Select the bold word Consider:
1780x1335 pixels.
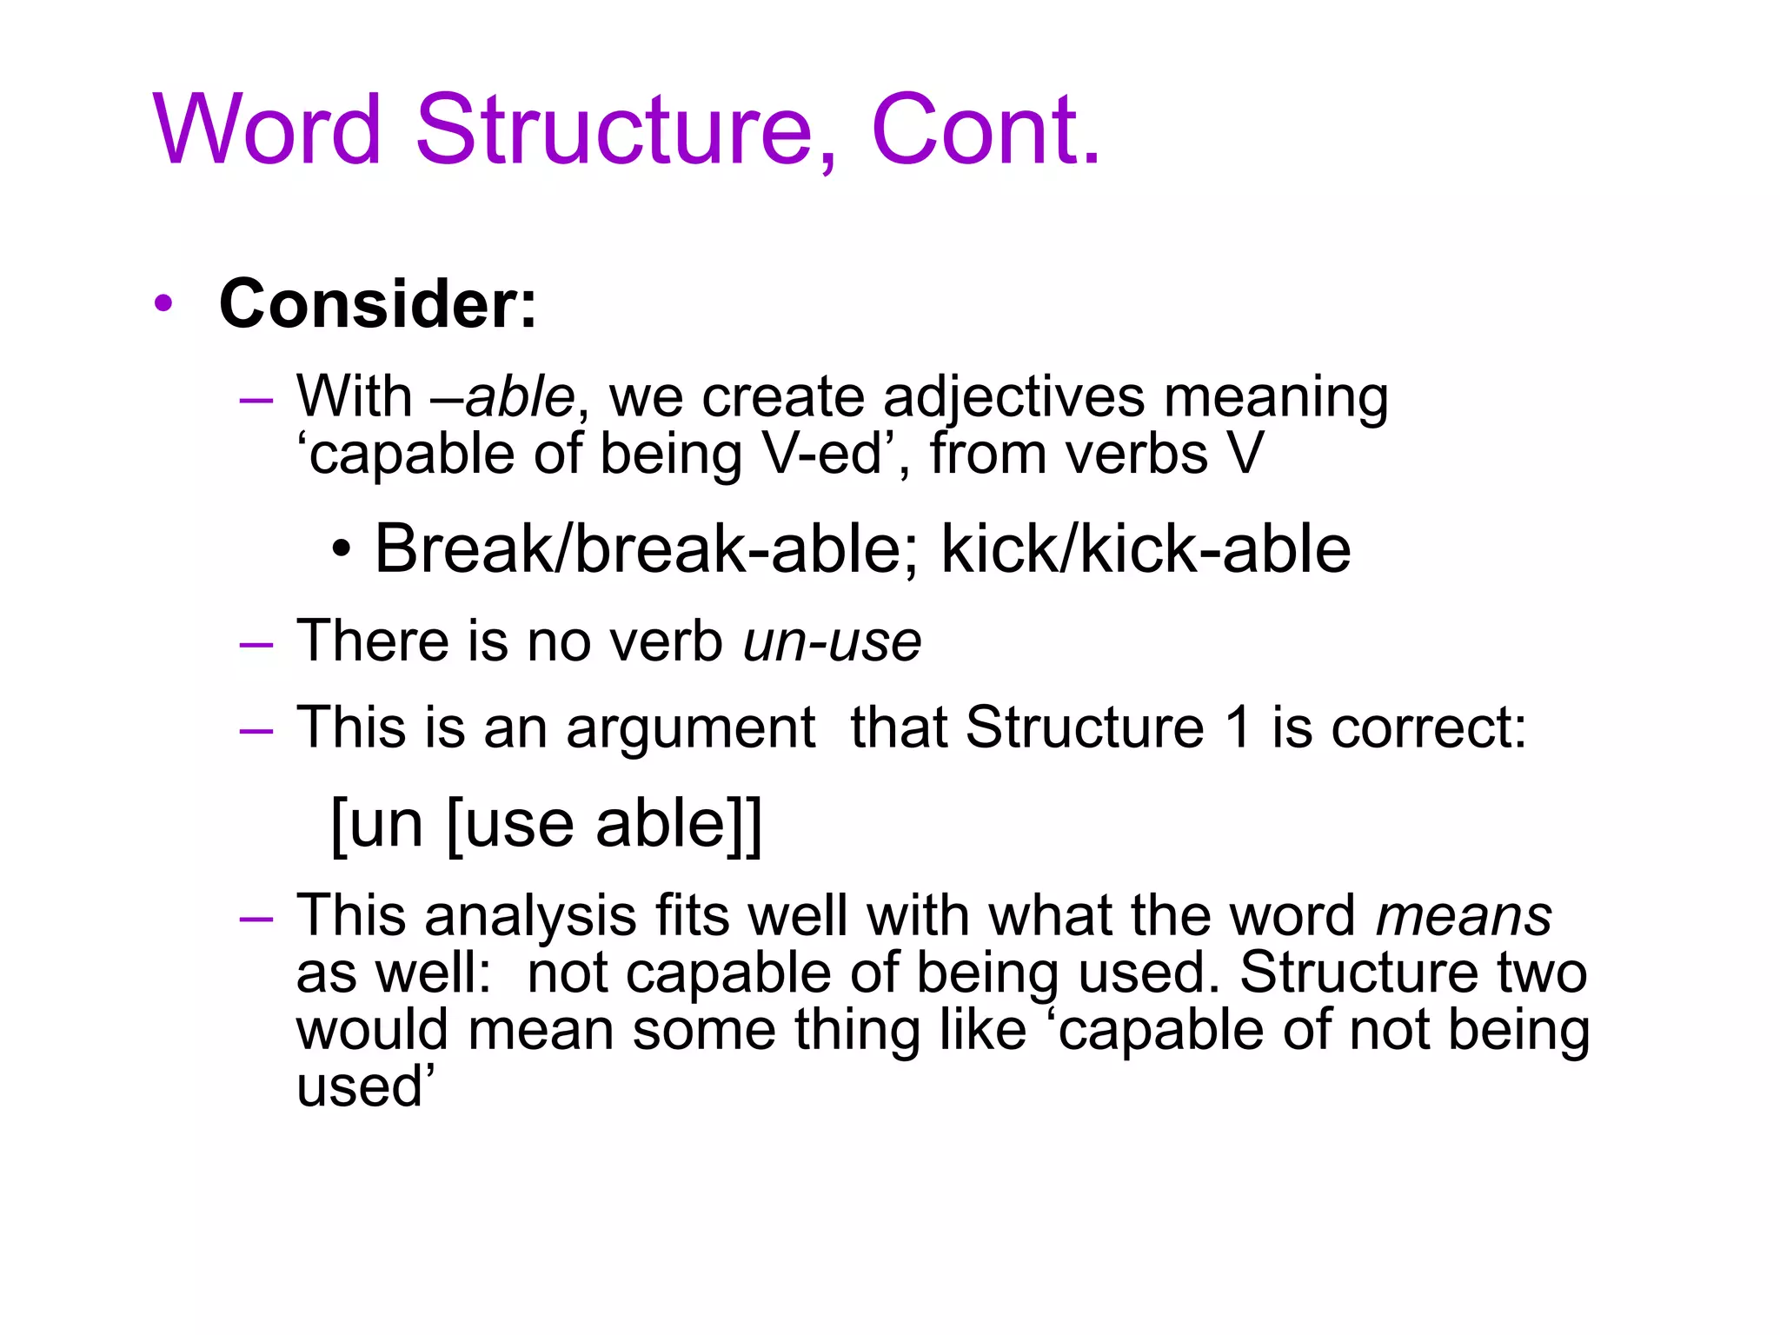(378, 304)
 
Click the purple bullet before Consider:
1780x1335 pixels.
(163, 304)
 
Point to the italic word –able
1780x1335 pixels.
(502, 397)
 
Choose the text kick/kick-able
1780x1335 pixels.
(1146, 549)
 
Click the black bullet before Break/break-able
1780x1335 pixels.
(342, 551)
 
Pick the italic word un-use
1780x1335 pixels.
(832, 641)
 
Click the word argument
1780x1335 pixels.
(691, 728)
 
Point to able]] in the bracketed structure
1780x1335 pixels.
(678, 824)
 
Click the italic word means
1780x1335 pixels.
(1464, 917)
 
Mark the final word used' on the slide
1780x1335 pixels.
(364, 1087)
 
